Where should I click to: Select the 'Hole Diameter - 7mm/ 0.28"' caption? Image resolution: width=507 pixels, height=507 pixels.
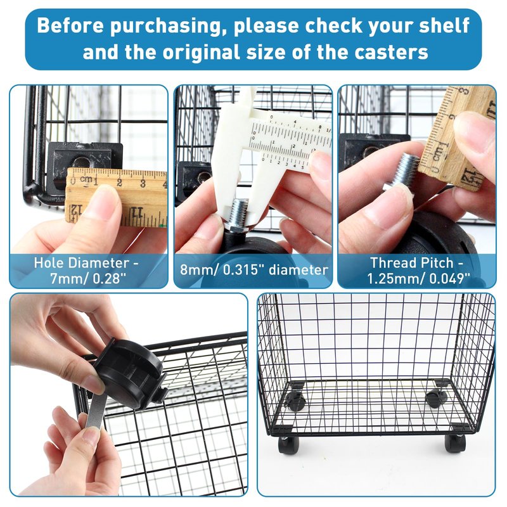coord(87,271)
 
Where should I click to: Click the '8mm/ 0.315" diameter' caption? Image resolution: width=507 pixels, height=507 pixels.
coord(254,270)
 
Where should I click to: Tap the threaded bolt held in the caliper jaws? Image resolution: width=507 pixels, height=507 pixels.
coord(240,212)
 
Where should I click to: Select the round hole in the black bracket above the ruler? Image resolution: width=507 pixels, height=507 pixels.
coord(80,162)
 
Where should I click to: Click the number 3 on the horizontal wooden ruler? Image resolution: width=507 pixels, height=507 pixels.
coord(143,183)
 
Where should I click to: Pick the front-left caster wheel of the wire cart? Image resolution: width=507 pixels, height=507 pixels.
coord(287,445)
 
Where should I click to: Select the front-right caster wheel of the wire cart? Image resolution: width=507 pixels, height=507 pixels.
coord(455,442)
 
